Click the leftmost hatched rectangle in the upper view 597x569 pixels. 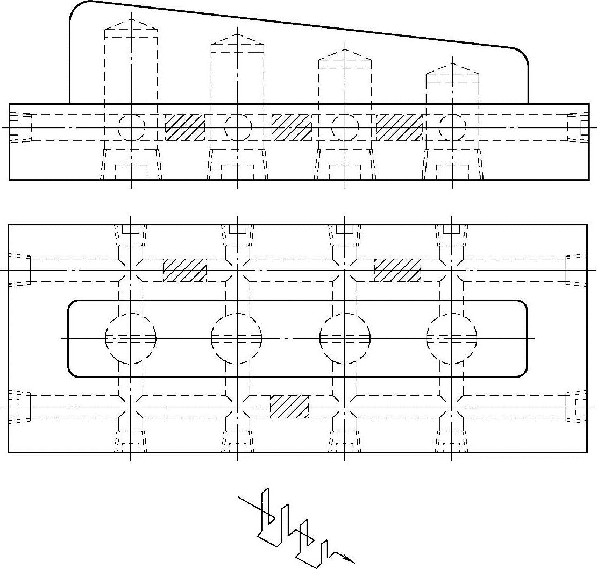click(x=184, y=127)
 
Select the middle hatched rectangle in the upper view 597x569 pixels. click(x=292, y=127)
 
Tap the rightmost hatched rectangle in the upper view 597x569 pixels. click(x=399, y=127)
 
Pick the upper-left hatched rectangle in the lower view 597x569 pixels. click(x=184, y=270)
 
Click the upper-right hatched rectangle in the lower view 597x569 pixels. click(x=397, y=270)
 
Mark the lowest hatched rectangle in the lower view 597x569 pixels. click(x=289, y=407)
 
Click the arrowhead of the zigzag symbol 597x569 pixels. click(x=349, y=559)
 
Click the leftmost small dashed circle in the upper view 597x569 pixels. click(x=131, y=127)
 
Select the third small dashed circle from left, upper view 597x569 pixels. click(x=345, y=127)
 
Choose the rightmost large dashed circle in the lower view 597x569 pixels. click(x=452, y=338)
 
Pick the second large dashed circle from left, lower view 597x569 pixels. click(x=237, y=338)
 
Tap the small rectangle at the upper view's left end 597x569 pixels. click(x=15, y=127)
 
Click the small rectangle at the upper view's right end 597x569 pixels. click(x=585, y=127)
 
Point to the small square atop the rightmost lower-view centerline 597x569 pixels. click(x=451, y=229)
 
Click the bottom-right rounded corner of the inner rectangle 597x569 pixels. click(x=521, y=371)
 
